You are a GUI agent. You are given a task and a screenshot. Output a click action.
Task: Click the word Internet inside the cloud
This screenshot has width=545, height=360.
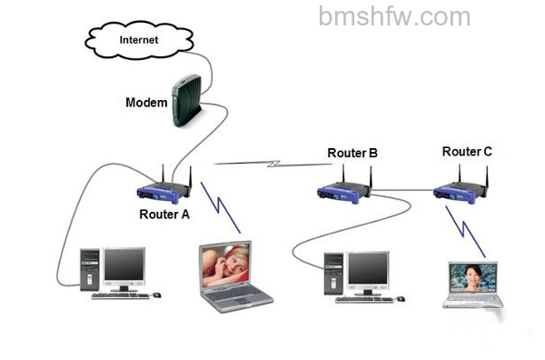pyautogui.click(x=139, y=40)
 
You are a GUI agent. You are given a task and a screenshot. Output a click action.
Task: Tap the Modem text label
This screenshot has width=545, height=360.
pyautogui.click(x=146, y=103)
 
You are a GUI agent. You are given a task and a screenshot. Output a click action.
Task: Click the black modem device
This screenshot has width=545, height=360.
pyautogui.click(x=186, y=101)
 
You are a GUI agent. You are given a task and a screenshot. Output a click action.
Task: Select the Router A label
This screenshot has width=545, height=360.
pyautogui.click(x=164, y=215)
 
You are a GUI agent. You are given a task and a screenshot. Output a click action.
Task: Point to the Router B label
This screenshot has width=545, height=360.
pyautogui.click(x=352, y=153)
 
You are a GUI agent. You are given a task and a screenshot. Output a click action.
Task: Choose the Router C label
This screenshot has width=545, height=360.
pyautogui.click(x=467, y=152)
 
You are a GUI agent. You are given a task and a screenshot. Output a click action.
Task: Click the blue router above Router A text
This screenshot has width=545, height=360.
pyautogui.click(x=164, y=190)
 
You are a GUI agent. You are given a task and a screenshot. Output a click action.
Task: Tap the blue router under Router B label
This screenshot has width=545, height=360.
pyautogui.click(x=344, y=190)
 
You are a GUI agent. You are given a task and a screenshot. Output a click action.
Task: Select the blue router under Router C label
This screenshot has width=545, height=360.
pyautogui.click(x=461, y=190)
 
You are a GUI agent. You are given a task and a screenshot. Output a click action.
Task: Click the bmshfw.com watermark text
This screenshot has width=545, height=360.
pyautogui.click(x=394, y=16)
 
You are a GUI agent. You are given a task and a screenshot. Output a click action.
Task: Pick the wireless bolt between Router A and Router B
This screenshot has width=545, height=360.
pyautogui.click(x=272, y=164)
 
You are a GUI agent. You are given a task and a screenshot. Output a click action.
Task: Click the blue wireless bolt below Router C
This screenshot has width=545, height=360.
pyautogui.click(x=465, y=231)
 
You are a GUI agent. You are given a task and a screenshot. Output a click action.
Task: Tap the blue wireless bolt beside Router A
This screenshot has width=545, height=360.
pyautogui.click(x=221, y=207)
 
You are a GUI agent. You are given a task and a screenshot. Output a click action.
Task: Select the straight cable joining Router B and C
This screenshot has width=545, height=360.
pyautogui.click(x=403, y=190)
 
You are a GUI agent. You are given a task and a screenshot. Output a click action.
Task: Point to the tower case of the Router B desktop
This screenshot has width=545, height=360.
pyautogui.click(x=333, y=274)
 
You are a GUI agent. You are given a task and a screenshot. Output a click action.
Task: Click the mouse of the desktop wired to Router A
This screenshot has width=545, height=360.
pyautogui.click(x=157, y=295)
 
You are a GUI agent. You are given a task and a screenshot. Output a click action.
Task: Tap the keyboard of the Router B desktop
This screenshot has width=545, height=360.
pyautogui.click(x=365, y=299)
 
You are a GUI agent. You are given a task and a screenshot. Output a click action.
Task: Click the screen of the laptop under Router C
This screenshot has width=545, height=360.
pyautogui.click(x=473, y=278)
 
